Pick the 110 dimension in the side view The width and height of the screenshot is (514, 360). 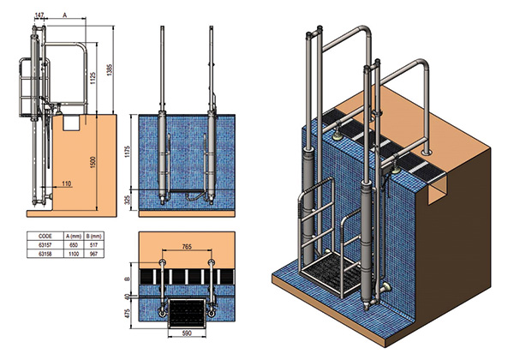tap(66, 183)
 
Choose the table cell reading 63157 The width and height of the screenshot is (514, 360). tap(39, 244)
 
